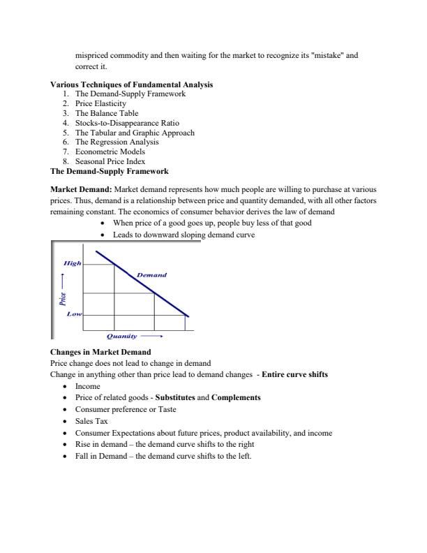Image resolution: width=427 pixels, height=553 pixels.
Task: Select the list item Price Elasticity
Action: click(x=100, y=103)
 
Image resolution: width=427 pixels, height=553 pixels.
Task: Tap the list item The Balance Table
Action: click(x=106, y=113)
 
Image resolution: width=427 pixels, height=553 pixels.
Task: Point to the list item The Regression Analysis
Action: click(x=117, y=142)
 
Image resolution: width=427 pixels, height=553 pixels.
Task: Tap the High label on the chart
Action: click(x=72, y=263)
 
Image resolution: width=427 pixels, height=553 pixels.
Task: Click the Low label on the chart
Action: click(x=74, y=314)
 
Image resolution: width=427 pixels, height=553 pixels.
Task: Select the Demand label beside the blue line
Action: click(x=151, y=275)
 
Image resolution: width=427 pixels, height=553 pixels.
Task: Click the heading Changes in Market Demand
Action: click(x=100, y=351)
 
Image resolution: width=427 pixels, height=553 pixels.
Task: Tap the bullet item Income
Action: click(x=87, y=385)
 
